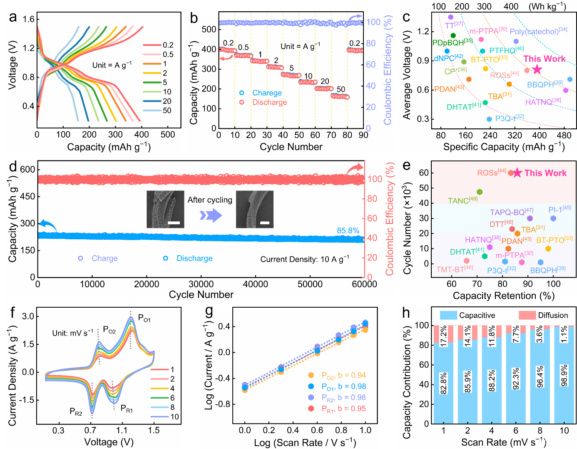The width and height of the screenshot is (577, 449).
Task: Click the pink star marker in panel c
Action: pos(537,69)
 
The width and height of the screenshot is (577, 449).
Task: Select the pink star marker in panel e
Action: pos(517,173)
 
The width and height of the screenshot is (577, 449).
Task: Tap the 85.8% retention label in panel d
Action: pos(348,231)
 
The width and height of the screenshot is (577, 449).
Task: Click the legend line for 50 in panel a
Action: pos(152,110)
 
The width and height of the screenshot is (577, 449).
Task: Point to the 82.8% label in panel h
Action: pos(444,383)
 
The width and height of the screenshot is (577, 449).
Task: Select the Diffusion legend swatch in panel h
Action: pos(527,315)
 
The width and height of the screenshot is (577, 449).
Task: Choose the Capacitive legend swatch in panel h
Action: pos(448,315)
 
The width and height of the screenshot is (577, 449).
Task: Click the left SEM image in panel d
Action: pos(165,209)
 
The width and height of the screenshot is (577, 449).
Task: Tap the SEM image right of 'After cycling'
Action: pos(255,209)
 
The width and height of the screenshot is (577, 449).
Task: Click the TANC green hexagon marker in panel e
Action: pos(480,192)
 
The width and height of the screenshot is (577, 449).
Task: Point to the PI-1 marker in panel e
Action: pos(553,218)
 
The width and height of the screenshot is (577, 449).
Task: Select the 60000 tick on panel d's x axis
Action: pos(364,284)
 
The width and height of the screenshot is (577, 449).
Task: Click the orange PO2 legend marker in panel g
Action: pos(311,375)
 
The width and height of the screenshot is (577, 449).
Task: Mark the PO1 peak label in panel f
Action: pos(144,319)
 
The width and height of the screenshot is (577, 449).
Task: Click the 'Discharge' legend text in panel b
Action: pos(269,102)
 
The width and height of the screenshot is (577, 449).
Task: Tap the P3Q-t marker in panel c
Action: pos(489,119)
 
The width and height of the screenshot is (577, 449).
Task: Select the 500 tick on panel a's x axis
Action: pos(168,134)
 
